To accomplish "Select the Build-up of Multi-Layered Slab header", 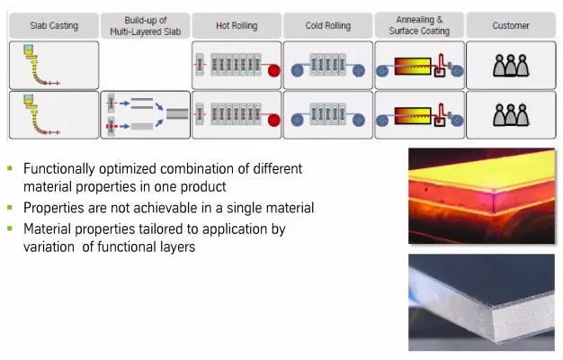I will click(x=146, y=25).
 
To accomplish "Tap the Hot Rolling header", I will click(x=237, y=25).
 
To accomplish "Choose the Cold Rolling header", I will click(x=327, y=25).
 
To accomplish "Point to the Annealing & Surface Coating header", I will click(x=418, y=25).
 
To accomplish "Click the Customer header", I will click(x=511, y=25).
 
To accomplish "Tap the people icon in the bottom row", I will click(x=510, y=115).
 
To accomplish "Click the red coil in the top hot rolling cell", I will click(x=273, y=68).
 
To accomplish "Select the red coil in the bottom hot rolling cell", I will click(x=273, y=118).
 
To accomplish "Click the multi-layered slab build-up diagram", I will click(x=146, y=115).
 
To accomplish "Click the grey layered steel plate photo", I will click(x=483, y=302).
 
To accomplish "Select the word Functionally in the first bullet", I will click(x=58, y=168).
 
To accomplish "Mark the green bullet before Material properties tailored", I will click(x=11, y=229).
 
